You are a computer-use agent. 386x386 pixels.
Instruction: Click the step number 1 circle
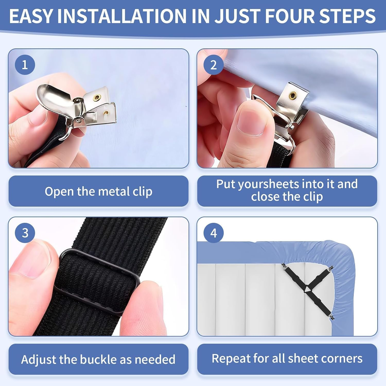(x=25, y=65)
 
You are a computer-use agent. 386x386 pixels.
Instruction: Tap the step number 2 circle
(x=214, y=65)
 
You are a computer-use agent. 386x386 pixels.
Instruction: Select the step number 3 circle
(x=25, y=233)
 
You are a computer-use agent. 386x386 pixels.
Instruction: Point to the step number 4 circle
(x=214, y=233)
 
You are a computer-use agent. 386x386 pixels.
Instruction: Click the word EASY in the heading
(x=31, y=16)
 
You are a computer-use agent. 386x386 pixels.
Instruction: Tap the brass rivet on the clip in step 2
(x=292, y=96)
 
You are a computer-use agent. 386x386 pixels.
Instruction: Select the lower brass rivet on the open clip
(x=106, y=112)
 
